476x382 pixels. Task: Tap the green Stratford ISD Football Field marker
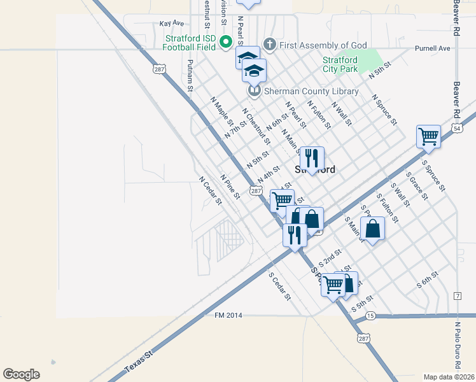225,42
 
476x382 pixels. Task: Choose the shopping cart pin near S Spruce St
428,136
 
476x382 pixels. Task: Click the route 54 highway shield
458,129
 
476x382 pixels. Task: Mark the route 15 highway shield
370,316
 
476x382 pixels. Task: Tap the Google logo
21,374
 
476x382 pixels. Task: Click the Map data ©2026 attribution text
449,376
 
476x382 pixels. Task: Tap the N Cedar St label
209,191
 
